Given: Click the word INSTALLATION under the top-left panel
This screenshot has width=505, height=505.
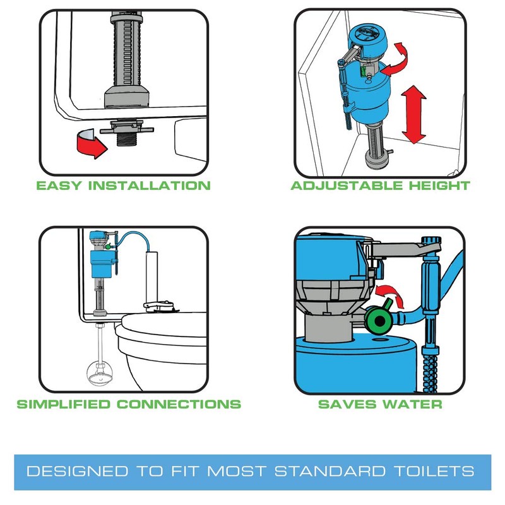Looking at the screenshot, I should coord(149,186).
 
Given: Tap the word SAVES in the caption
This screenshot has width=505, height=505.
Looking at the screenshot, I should coord(345,404).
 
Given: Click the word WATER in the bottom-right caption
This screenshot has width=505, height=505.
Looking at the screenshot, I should coord(413,404).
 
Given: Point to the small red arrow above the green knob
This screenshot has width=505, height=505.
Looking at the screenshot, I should coord(388,296).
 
